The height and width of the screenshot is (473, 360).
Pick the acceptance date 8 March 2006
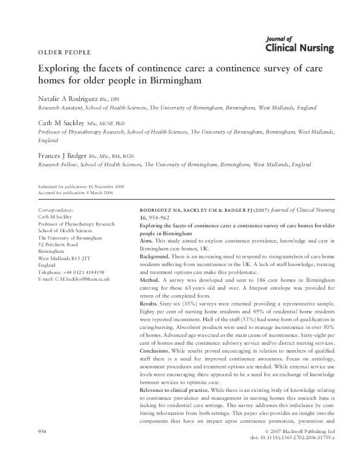(x=99, y=193)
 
